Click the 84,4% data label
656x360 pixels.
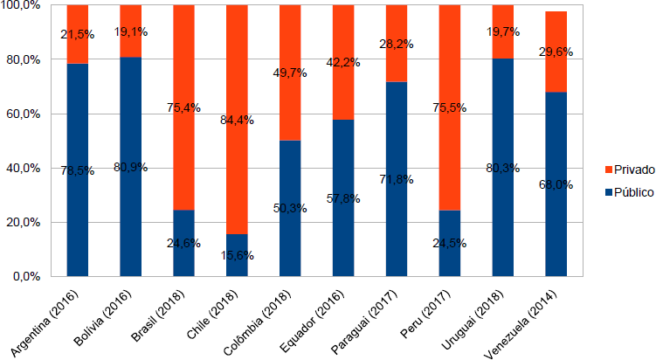click(237, 120)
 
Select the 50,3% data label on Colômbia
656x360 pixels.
click(290, 208)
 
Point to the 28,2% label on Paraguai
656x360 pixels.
click(397, 44)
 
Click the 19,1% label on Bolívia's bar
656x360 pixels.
click(130, 31)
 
